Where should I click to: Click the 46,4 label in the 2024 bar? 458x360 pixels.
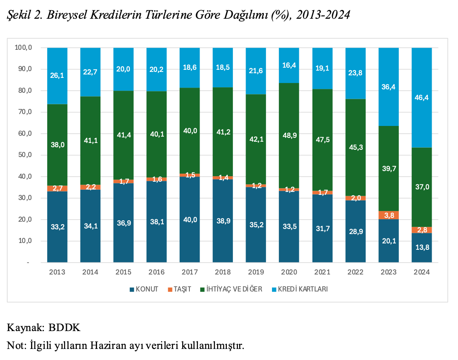tap(421, 97)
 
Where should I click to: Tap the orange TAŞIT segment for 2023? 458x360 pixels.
tap(389, 215)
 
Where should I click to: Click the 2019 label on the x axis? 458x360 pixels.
tap(256, 272)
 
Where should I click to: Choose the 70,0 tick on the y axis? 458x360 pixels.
tap(23, 112)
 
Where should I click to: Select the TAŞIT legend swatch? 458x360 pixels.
tap(170, 289)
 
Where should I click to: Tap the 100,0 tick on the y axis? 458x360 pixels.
tap(23, 48)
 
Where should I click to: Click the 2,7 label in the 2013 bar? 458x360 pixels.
tap(57, 188)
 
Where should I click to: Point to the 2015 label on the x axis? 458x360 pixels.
tap(123, 272)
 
